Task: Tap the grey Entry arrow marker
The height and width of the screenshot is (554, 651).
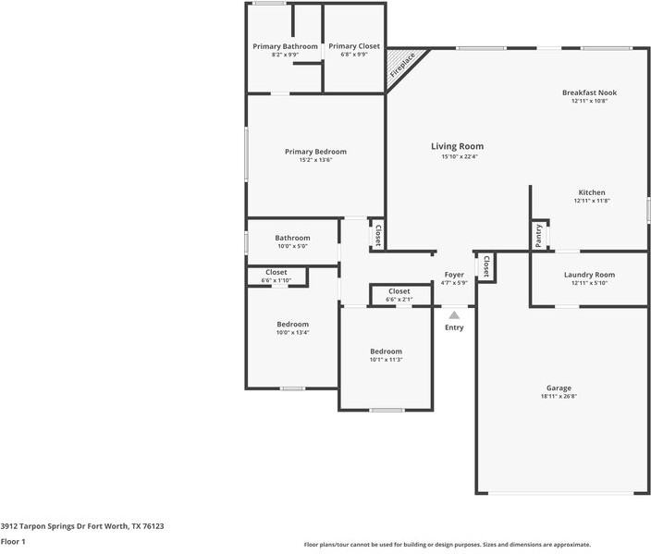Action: tap(454, 315)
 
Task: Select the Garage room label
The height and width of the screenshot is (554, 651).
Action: tap(559, 388)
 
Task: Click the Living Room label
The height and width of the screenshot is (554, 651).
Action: tap(457, 146)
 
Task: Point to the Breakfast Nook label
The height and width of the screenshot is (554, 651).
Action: tap(590, 92)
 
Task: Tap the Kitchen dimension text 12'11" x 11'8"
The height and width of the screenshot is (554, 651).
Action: tap(592, 201)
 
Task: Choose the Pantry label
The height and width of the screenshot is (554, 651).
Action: tap(538, 236)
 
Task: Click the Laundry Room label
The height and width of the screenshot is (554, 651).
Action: tap(589, 275)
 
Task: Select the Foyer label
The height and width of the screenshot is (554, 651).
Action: tap(454, 275)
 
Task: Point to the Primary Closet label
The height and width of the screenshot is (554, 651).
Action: tap(354, 46)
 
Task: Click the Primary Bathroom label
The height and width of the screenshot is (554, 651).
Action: tap(285, 46)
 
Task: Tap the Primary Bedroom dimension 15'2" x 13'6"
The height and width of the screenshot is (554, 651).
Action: tap(316, 160)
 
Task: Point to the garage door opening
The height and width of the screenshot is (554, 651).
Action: tap(561, 493)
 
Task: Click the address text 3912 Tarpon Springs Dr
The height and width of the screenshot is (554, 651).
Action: tap(40, 526)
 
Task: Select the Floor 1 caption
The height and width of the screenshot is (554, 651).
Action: tap(13, 542)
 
